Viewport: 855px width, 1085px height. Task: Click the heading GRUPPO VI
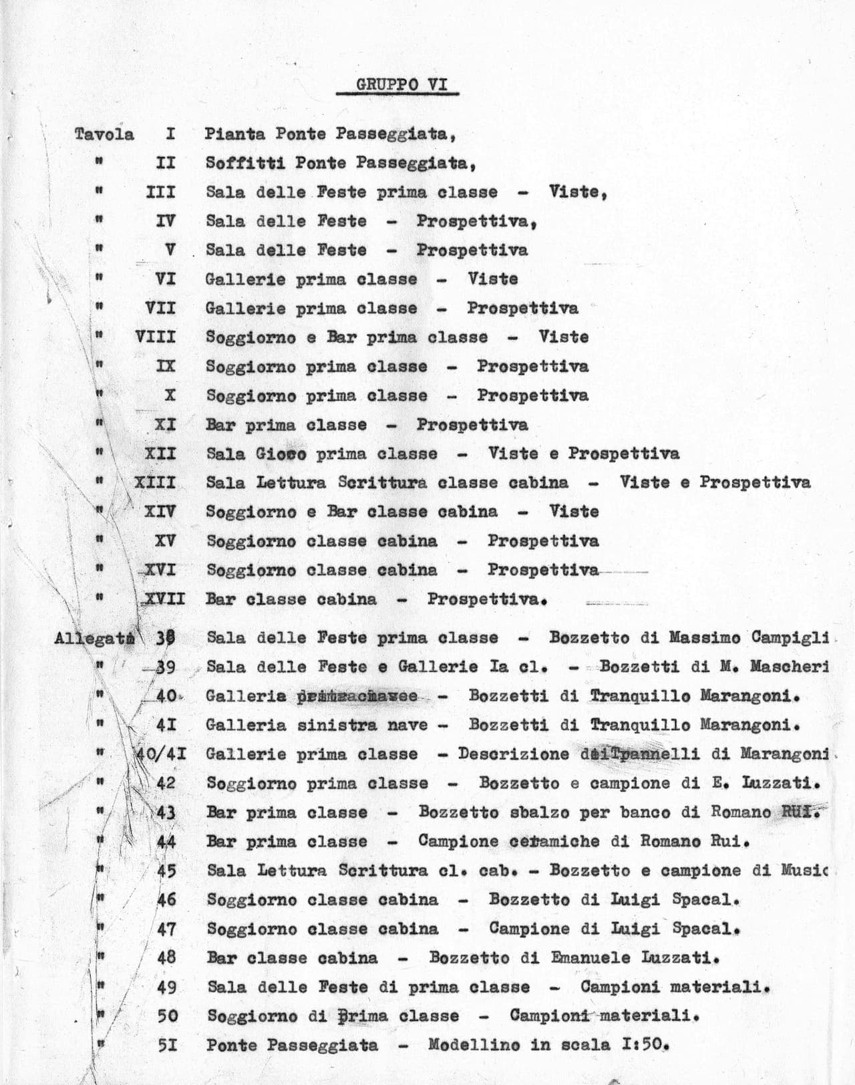pyautogui.click(x=397, y=85)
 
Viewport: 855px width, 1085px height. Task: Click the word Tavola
pyautogui.click(x=104, y=134)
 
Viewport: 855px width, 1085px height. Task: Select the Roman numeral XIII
pyautogui.click(x=155, y=482)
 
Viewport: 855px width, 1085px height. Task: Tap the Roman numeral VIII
pyautogui.click(x=156, y=337)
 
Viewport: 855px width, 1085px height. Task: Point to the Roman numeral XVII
pyautogui.click(x=164, y=599)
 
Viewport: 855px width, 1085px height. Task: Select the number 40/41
pyautogui.click(x=161, y=754)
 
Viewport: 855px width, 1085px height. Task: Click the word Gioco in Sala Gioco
pyautogui.click(x=281, y=454)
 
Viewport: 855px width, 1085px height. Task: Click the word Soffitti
pyautogui.click(x=244, y=163)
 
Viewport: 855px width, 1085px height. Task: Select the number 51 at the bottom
pyautogui.click(x=167, y=1044)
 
